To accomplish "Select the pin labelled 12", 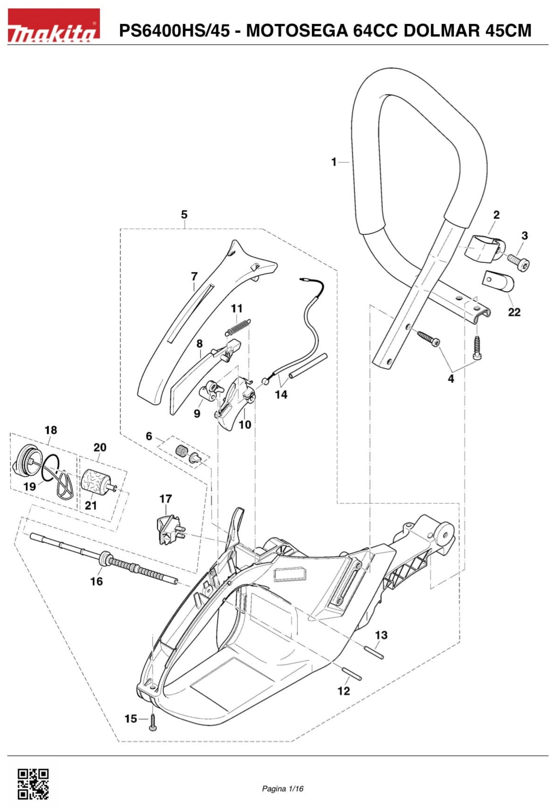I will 352,673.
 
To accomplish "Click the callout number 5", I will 184,214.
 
